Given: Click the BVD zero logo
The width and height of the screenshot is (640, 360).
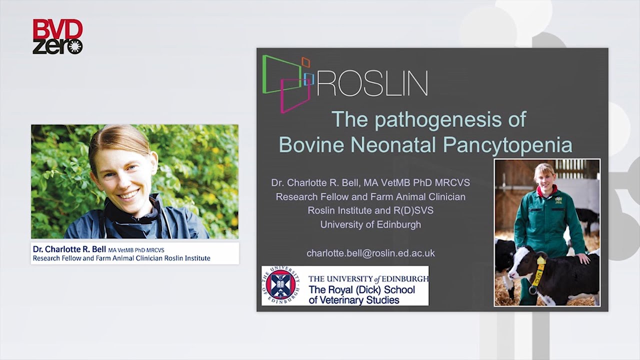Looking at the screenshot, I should click(x=57, y=36).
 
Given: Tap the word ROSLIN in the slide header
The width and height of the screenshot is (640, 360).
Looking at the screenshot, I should click(x=372, y=83).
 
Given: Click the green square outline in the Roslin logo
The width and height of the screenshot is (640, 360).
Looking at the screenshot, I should click(x=282, y=74).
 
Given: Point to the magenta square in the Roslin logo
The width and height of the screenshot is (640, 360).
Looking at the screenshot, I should click(x=295, y=95).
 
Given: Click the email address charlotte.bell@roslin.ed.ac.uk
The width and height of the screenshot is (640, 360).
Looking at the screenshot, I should click(x=370, y=253).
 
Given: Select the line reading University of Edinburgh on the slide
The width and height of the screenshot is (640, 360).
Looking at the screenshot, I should click(x=370, y=224).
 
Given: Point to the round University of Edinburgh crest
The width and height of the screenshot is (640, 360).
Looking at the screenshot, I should click(x=280, y=285).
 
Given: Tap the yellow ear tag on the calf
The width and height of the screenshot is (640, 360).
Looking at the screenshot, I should click(x=540, y=261).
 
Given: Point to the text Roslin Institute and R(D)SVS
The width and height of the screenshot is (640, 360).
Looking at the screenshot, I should click(x=370, y=210).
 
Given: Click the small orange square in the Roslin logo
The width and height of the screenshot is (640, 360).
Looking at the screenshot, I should click(x=305, y=62).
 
